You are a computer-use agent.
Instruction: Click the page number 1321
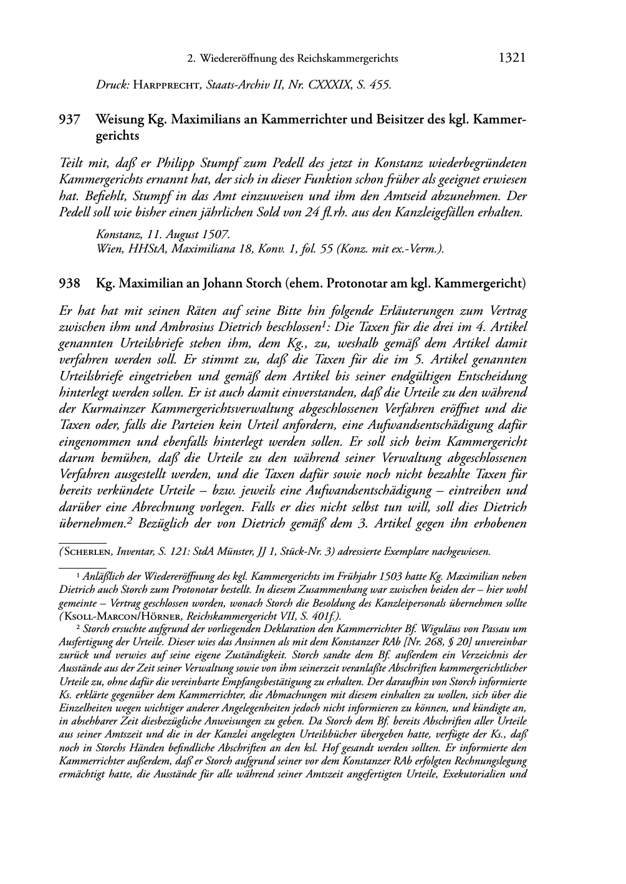(513, 58)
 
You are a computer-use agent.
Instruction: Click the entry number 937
(69, 119)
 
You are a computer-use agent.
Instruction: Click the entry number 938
(69, 284)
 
